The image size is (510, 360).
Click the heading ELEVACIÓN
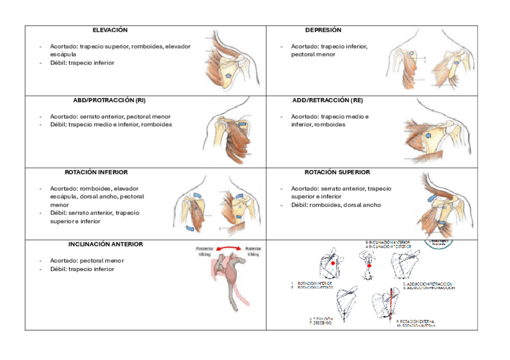point(110,30)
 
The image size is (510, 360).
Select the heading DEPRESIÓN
point(323,30)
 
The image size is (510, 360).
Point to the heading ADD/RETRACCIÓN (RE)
point(327,100)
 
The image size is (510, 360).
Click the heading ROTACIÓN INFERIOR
point(96,172)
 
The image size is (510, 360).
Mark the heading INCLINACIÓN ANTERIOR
point(106,245)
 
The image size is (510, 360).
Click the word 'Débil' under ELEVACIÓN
point(58,63)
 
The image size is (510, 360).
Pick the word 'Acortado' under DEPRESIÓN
point(304,46)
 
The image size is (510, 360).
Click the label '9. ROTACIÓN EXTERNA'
point(416,322)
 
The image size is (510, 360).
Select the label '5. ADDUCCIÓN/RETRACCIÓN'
point(428,283)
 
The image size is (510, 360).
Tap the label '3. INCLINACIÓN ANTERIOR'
point(389,242)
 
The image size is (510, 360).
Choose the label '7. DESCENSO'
point(320,323)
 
